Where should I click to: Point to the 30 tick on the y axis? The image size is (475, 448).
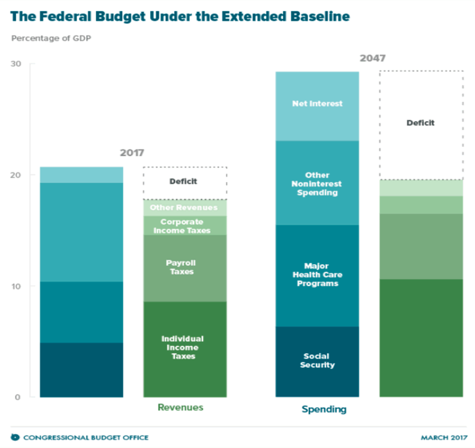16,64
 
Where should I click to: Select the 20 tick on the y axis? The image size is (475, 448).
16,175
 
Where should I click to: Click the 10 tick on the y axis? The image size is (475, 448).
16,286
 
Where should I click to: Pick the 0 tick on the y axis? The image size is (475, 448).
18,397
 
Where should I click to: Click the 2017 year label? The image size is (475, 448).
132,153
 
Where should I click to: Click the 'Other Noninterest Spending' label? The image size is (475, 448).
317,184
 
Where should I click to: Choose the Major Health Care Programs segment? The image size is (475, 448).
317,275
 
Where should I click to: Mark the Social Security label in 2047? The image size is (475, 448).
317,360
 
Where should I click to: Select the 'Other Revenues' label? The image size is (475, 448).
185,208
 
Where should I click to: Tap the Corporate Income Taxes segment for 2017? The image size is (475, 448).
185,226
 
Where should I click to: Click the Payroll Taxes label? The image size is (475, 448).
185,267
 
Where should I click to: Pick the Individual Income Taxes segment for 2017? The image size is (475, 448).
185,348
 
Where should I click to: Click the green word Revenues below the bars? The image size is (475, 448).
180,408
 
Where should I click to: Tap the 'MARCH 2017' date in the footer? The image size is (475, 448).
442,437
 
